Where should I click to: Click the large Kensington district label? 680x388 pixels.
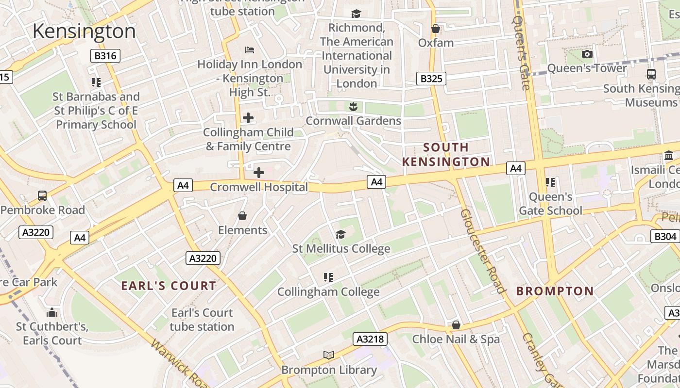point(84,31)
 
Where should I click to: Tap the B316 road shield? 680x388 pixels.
point(105,56)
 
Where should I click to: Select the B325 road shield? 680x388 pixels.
point(431,78)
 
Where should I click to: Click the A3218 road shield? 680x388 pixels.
point(370,339)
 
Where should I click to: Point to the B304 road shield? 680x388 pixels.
point(664,236)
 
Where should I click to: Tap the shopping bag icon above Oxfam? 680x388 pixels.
point(436,29)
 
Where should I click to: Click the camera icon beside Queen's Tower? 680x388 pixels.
point(587,54)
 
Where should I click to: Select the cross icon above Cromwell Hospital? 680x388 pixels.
point(259,172)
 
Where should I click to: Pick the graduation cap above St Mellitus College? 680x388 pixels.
point(340,235)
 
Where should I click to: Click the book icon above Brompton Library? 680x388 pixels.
point(329,355)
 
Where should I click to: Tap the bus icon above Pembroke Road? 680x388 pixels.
point(42,196)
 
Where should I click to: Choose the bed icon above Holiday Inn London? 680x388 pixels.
point(250,50)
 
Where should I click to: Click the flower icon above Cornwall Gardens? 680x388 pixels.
point(353,106)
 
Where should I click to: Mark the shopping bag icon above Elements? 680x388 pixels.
point(242,216)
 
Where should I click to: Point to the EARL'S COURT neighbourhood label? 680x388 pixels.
point(169,286)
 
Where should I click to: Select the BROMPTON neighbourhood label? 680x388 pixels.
point(555,291)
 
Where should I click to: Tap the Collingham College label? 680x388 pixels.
point(328,292)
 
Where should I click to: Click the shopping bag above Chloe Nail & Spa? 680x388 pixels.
point(456,325)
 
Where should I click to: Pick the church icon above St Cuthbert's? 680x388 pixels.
point(52,312)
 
